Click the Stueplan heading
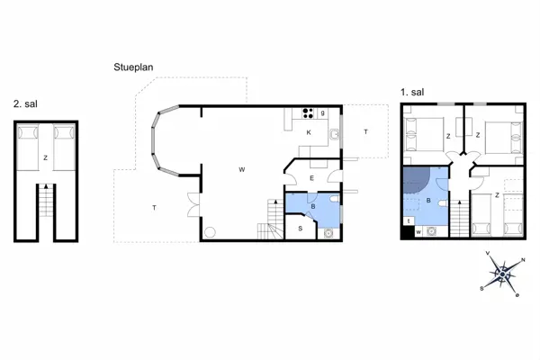coord(133,67)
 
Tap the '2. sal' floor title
coord(25,103)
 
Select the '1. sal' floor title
coord(412,92)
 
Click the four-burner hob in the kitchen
coord(308,113)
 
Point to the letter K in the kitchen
coord(309,132)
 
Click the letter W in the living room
coord(242,169)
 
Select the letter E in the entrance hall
coord(312,178)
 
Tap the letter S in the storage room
coord(301,229)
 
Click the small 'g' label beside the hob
coord(323,113)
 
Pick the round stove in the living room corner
coord(210,232)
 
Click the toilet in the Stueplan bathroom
coord(333,200)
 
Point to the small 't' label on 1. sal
coord(409,221)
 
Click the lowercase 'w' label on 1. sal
coord(418,232)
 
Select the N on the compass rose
coord(523,260)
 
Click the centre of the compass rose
coord(502,274)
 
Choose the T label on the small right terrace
coord(365,131)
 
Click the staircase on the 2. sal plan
coord(46,201)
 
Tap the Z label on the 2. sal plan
coord(46,157)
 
